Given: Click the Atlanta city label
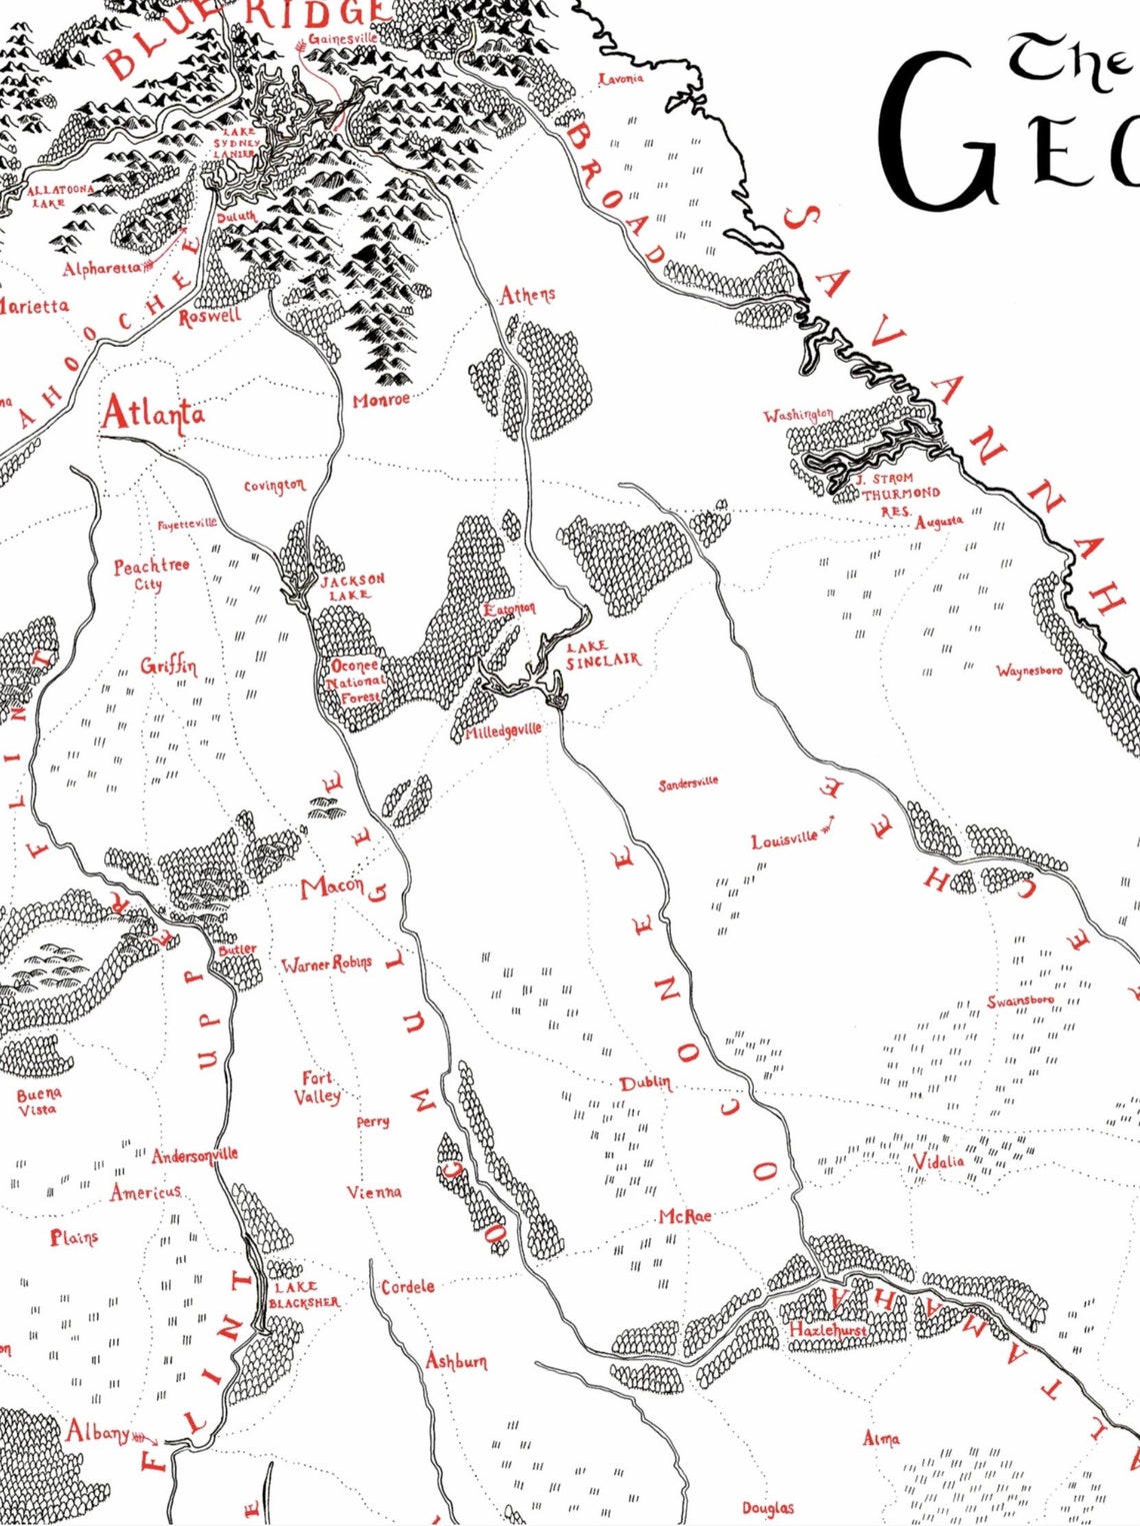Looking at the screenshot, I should coord(153,413).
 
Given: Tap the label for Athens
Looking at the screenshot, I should coord(527,295).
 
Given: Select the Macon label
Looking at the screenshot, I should coord(332,886).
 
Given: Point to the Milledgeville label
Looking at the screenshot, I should coord(503,731).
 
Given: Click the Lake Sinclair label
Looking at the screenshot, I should coord(602,655).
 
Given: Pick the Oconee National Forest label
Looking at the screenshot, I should coord(355,681).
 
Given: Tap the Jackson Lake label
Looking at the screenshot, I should coord(351,587).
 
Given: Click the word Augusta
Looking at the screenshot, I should coord(938,521).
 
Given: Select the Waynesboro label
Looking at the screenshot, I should coord(1029,671).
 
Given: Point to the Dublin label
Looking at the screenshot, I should coord(646,1083).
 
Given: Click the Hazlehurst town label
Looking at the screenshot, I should coord(828,1330).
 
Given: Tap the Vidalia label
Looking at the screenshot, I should coord(939,1161).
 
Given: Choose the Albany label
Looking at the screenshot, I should coord(98,1432).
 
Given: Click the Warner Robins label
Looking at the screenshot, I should coord(326,964).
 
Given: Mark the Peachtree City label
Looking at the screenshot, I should coord(151,574).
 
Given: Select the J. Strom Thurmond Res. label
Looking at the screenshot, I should coord(899,494).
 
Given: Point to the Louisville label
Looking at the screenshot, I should coord(784,840).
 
